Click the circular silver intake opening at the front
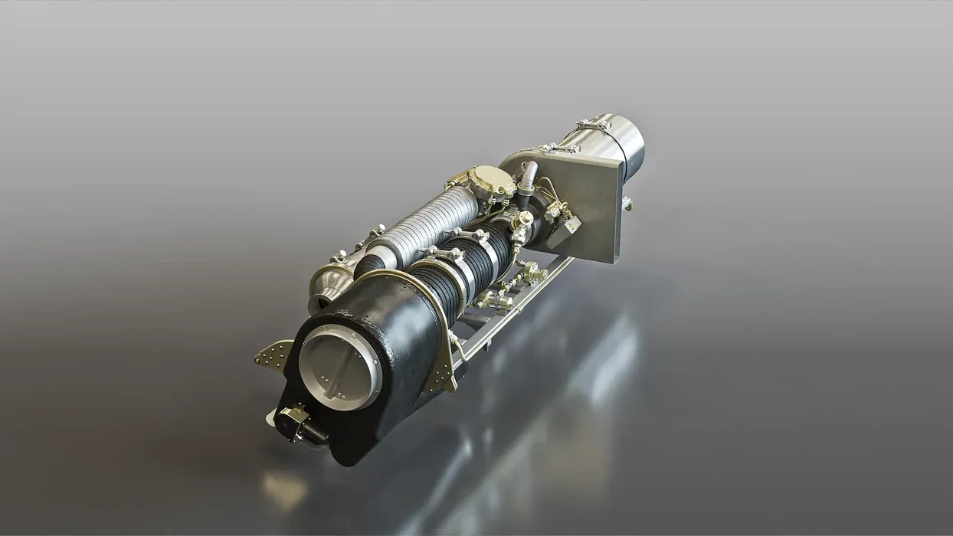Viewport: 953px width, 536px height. click(339, 367)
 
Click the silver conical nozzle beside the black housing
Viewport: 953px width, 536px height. click(330, 284)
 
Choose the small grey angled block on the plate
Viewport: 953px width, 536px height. click(564, 227)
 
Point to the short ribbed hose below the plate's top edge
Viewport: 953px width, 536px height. click(528, 176)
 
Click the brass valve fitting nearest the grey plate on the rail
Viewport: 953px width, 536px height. click(532, 272)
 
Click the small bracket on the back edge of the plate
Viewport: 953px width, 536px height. click(627, 203)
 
